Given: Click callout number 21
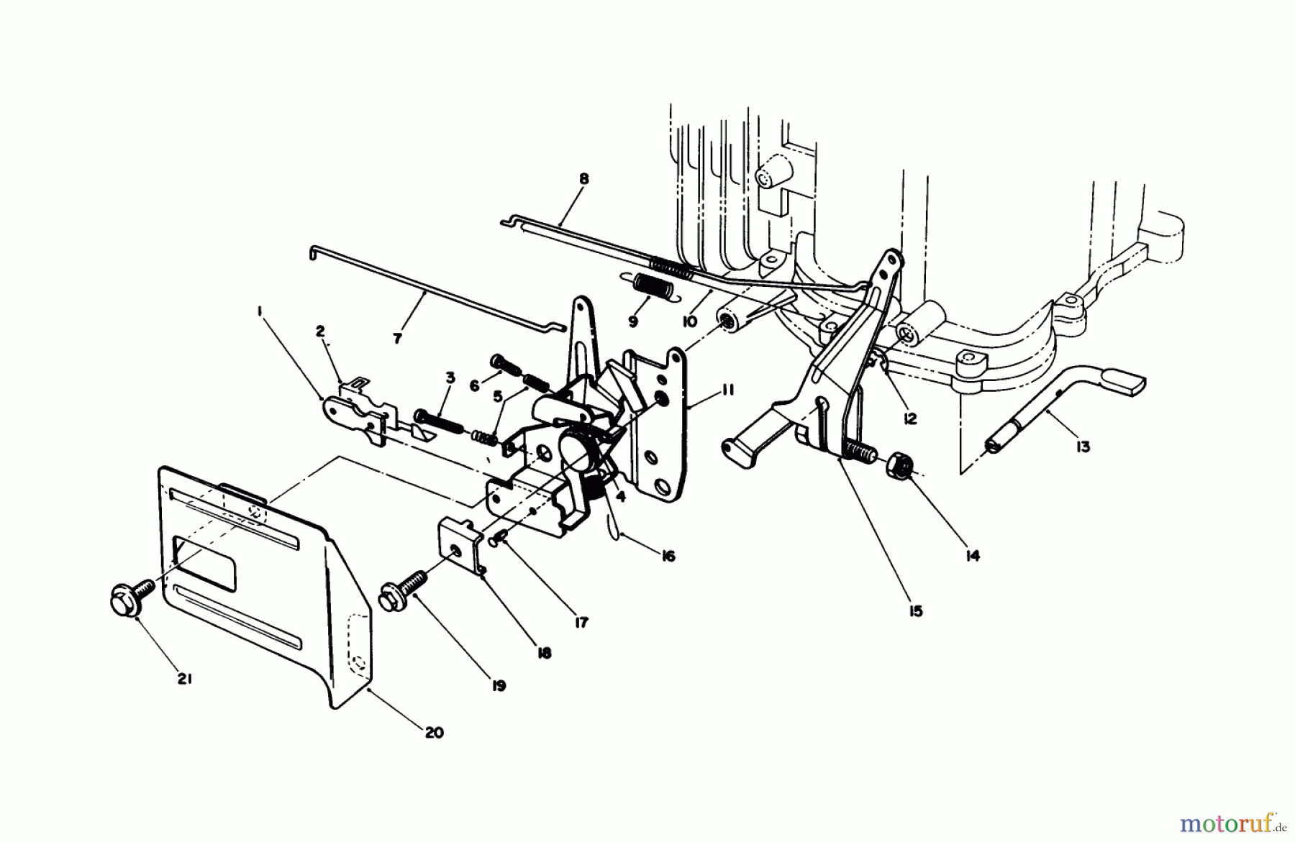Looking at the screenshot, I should coord(184,678).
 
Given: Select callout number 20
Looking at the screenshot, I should coord(435,733).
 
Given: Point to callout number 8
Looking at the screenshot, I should coord(583,178).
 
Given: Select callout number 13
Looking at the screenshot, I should coord(1083,447).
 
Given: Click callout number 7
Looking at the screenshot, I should coord(398,337).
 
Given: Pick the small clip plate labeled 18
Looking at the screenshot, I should coord(459,546).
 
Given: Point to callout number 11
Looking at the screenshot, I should coord(727,390).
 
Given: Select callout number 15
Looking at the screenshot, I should coord(915,611).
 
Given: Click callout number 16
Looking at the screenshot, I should coord(668,556).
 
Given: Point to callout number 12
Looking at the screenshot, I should coord(910,418).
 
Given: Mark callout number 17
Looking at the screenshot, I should coord(581,623).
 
